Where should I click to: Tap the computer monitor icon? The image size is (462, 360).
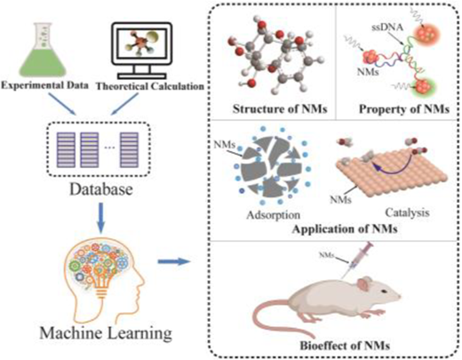(142, 50)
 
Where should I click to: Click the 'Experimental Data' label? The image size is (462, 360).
(44, 85)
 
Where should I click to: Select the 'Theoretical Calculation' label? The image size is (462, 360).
(150, 86)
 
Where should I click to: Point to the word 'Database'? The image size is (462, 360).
(101, 189)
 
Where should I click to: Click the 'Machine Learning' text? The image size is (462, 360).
(106, 332)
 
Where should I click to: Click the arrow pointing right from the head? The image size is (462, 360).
(173, 261)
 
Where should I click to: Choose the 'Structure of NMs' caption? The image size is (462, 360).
(280, 109)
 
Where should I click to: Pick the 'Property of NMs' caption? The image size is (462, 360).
(404, 109)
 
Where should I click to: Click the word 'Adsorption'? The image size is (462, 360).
(274, 214)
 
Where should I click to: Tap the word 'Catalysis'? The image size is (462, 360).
(407, 212)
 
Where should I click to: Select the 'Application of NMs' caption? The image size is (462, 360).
(345, 229)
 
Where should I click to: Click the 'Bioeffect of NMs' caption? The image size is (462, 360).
(345, 346)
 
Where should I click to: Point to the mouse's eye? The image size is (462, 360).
(384, 292)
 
